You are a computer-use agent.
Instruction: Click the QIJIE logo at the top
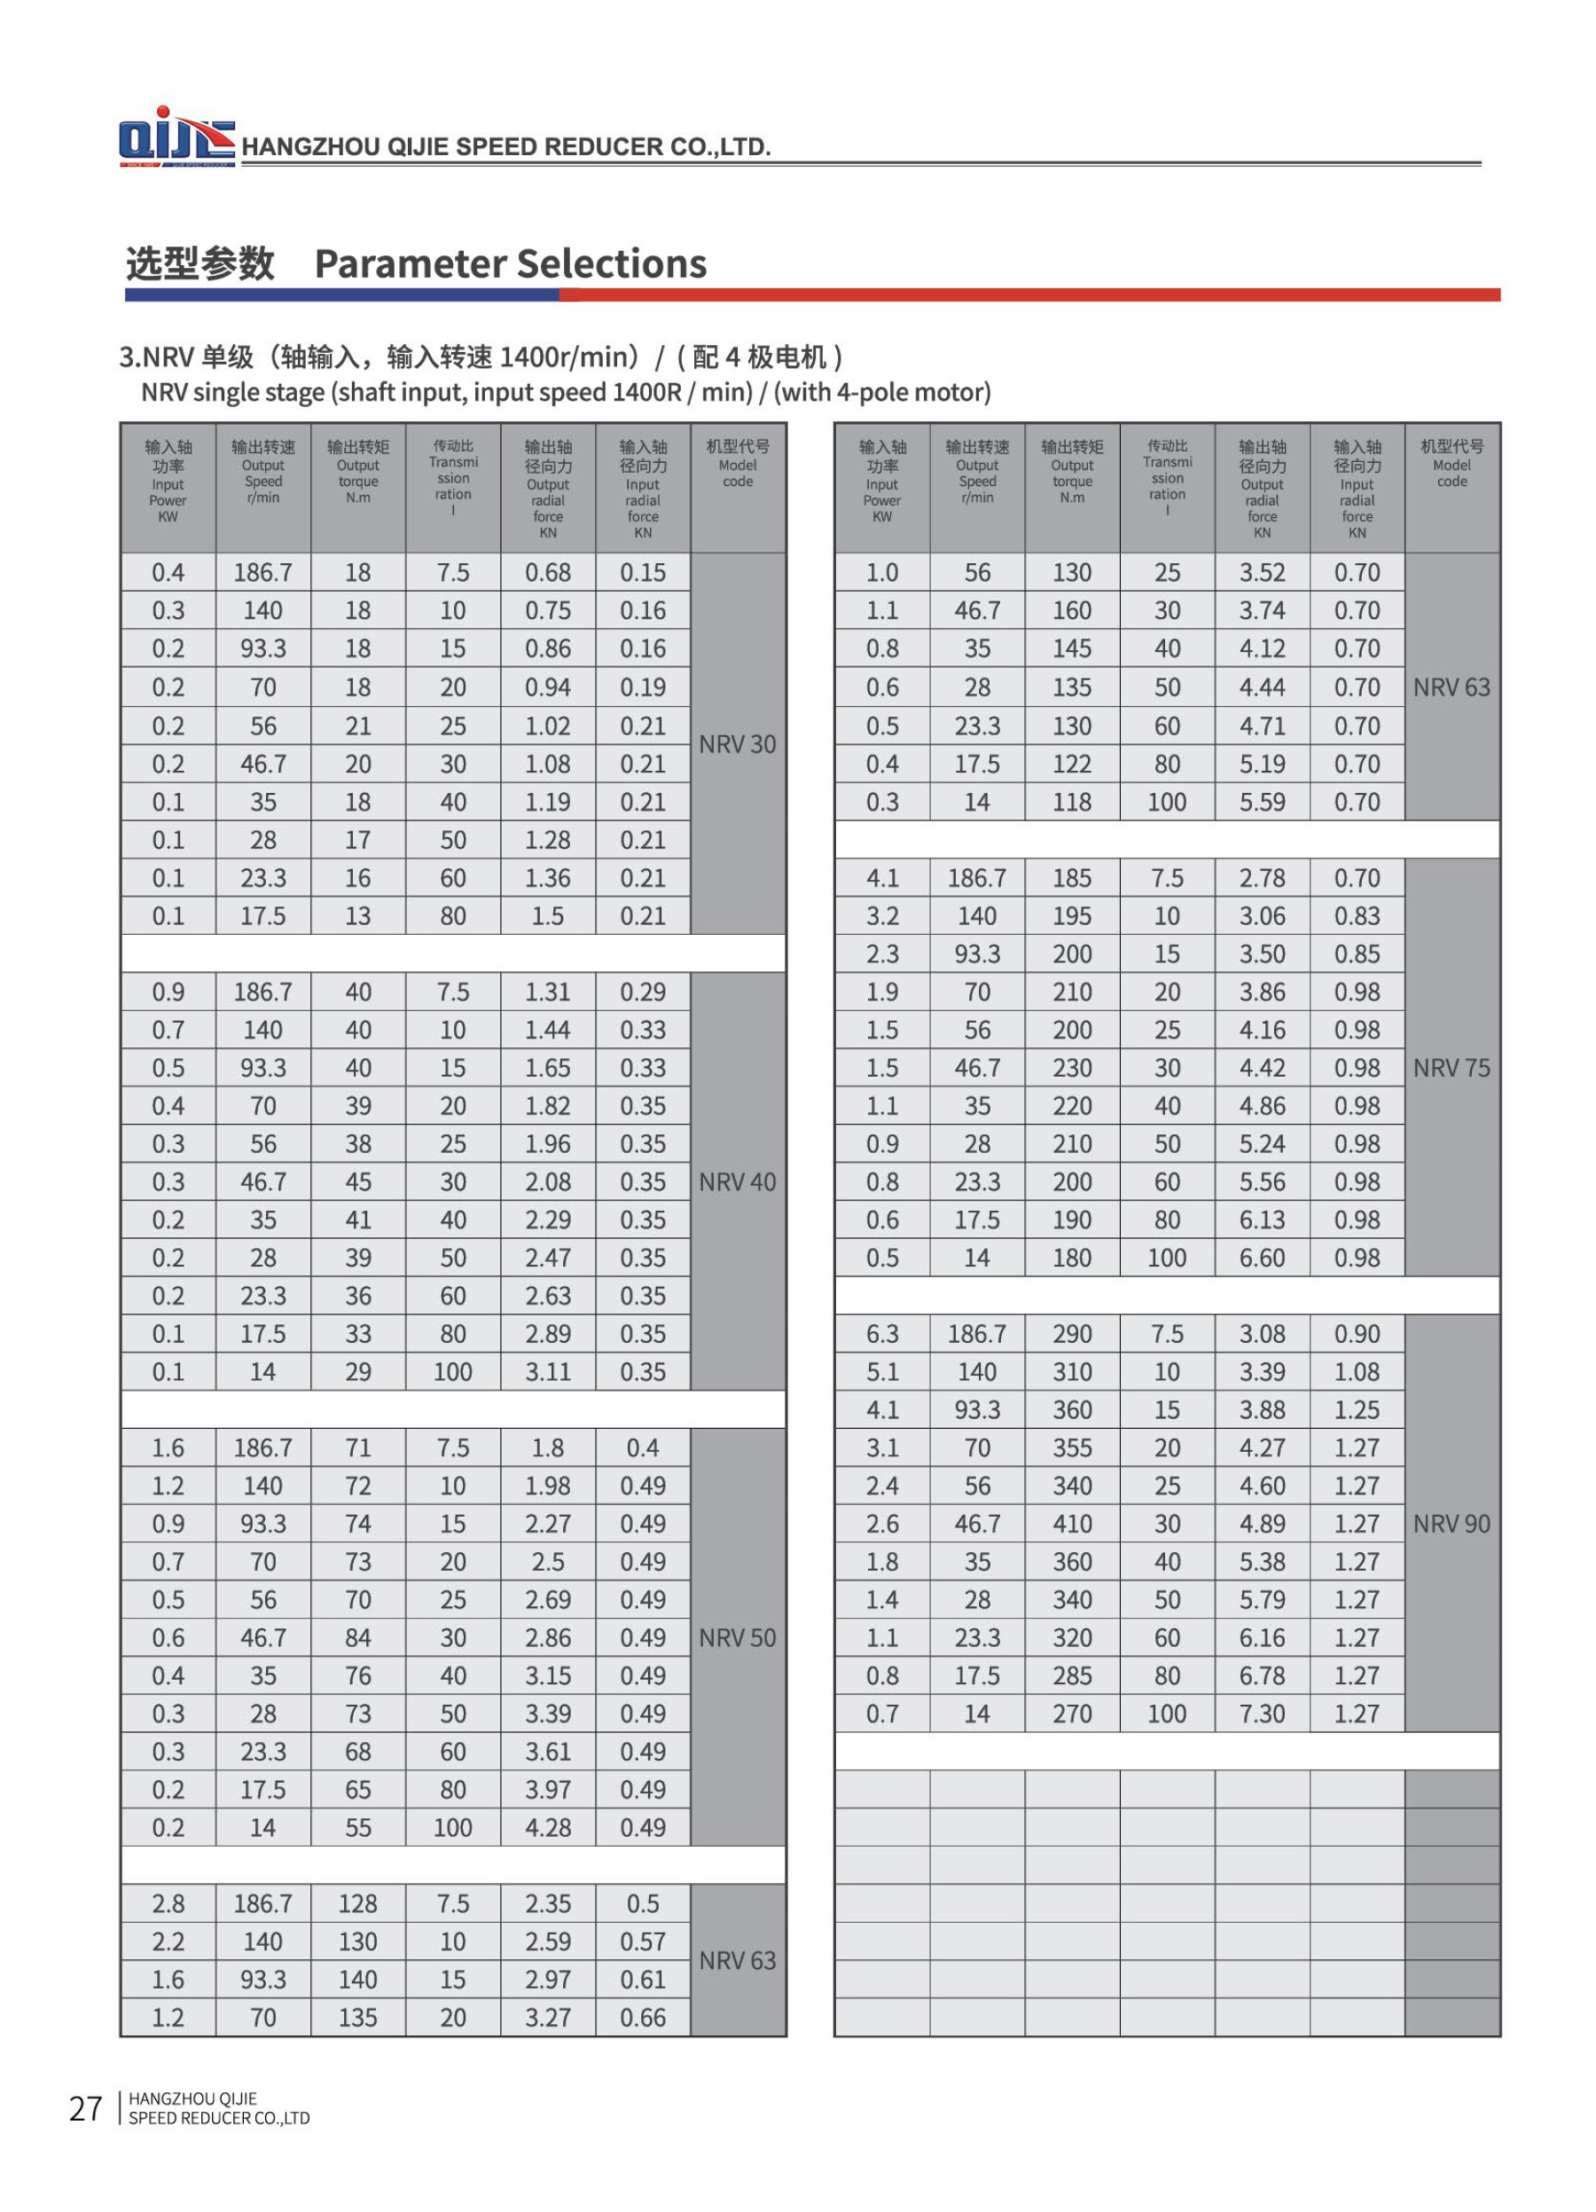(176, 137)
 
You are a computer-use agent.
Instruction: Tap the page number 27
(86, 2108)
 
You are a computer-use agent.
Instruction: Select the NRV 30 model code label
(737, 744)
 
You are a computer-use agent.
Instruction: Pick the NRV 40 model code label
(737, 1182)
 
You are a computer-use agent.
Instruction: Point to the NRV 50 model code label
(737, 1637)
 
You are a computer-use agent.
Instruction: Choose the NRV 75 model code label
(1451, 1068)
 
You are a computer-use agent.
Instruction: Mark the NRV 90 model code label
(1451, 1524)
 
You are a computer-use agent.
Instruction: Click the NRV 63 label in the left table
(737, 1960)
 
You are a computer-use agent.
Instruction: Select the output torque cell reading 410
(1071, 1524)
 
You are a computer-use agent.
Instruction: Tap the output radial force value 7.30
(1262, 1714)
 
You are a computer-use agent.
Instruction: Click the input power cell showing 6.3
(881, 1333)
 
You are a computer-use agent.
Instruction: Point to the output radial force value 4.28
(548, 1828)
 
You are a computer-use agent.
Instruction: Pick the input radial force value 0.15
(643, 572)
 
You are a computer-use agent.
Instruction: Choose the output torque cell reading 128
(358, 1904)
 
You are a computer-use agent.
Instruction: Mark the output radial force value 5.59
(1262, 802)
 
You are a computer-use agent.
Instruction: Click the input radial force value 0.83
(1357, 916)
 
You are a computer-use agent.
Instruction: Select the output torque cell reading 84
(358, 1637)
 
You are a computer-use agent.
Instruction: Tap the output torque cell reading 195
(1071, 916)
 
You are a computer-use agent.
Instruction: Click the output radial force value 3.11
(548, 1371)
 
